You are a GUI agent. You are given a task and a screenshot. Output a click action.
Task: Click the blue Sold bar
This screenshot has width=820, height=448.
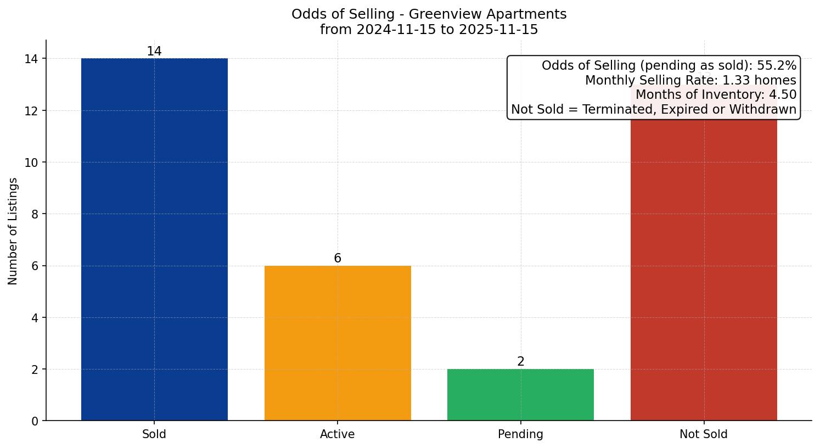click(154, 239)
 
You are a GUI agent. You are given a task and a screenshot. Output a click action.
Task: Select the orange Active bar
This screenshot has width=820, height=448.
click(338, 343)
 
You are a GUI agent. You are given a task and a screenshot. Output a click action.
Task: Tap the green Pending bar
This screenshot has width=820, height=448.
click(520, 395)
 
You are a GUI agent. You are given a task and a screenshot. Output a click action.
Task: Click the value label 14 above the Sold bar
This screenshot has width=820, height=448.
click(154, 52)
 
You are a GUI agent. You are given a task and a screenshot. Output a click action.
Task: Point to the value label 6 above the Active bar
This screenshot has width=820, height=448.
click(338, 259)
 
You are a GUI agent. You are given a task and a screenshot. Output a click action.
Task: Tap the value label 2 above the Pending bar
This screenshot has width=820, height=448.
click(520, 362)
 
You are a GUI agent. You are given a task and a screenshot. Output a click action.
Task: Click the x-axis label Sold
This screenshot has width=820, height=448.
click(154, 434)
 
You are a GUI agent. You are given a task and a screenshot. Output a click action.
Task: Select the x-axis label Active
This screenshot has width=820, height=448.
click(338, 434)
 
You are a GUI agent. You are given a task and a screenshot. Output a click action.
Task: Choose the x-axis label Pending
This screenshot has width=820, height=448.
click(520, 434)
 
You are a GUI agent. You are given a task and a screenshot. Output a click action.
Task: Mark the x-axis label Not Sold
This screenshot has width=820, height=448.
click(704, 434)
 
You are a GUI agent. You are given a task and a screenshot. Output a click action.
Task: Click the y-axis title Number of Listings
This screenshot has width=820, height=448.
click(13, 231)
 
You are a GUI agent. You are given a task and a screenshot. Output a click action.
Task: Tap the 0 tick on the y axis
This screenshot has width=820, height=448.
click(35, 421)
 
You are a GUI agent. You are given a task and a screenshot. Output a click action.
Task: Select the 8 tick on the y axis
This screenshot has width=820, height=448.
click(35, 214)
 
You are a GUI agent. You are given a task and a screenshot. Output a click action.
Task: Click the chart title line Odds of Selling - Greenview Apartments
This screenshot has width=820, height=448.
click(429, 14)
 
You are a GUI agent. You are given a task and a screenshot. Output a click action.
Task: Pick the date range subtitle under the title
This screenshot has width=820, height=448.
click(429, 30)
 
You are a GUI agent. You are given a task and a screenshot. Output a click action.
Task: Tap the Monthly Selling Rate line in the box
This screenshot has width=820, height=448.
click(690, 80)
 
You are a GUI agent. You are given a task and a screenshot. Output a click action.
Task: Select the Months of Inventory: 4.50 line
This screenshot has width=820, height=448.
click(716, 95)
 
